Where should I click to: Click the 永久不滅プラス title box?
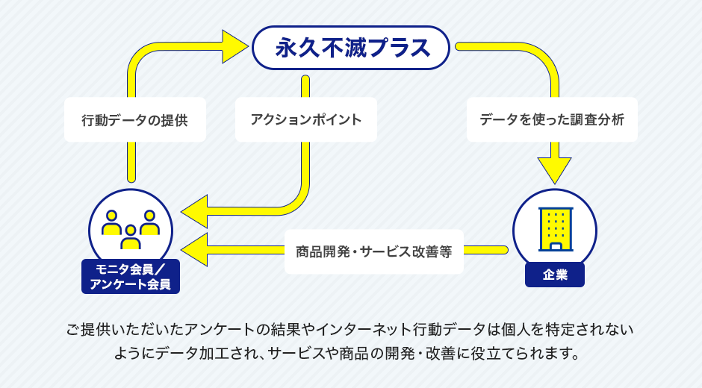(351, 48)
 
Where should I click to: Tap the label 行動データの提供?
(134, 119)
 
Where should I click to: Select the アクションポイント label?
(305, 119)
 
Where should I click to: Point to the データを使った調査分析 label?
(552, 119)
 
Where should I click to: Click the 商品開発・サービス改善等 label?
(373, 251)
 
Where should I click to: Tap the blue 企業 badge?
(554, 275)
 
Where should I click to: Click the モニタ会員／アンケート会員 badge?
(131, 276)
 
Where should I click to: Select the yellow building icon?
(555, 228)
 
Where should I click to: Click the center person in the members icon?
(131, 237)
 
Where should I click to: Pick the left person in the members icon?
(112, 223)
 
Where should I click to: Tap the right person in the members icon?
(149, 223)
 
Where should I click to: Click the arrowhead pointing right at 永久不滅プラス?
(234, 46)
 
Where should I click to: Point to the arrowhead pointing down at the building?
(554, 171)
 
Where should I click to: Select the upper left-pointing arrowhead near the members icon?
(196, 211)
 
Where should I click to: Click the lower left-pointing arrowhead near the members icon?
(196, 249)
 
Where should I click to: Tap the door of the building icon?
(555, 245)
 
